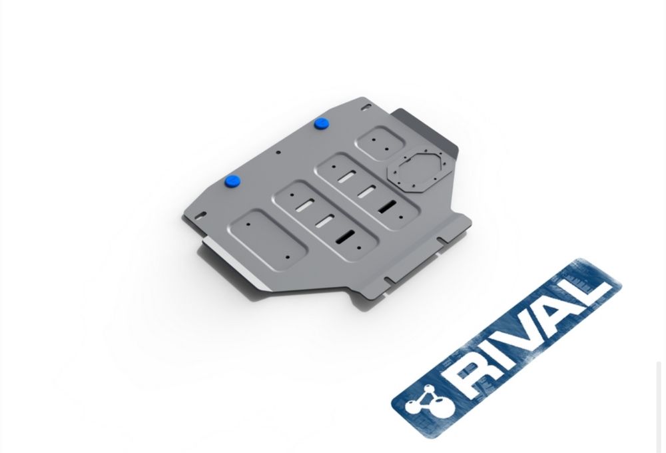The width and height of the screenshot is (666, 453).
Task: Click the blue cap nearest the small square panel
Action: coord(322,124)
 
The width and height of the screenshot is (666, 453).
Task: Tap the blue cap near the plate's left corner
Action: coord(232,181)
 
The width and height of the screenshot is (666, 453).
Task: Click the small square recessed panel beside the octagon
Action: coord(379,143)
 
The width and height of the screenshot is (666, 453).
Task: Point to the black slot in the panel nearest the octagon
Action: coord(386,207)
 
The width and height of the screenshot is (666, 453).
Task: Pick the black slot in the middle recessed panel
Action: coord(345,237)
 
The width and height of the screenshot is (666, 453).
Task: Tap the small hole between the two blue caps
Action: coord(278,153)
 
